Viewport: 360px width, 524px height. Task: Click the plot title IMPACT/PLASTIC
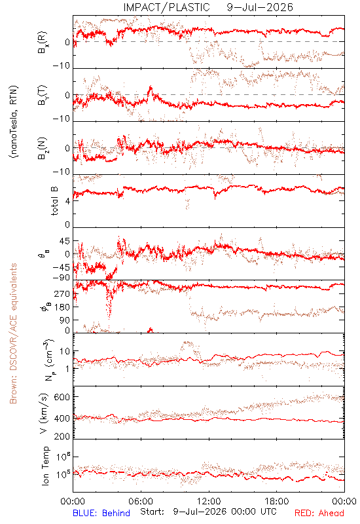point(167,7)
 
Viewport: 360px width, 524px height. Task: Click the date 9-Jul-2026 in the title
point(260,7)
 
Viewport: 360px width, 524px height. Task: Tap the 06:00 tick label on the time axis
point(141,501)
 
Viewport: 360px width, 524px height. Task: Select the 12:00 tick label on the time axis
point(209,501)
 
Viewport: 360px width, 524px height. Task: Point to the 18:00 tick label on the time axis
point(277,501)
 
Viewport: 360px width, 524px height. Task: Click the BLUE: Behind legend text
point(101,513)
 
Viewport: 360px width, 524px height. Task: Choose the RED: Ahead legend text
point(319,513)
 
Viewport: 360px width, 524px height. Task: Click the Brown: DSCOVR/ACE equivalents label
point(13,333)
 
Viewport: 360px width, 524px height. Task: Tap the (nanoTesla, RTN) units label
point(14,121)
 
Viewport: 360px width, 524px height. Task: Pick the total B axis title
point(54,201)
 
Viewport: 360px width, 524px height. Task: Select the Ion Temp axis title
point(45,466)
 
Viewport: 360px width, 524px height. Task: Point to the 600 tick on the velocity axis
point(62,397)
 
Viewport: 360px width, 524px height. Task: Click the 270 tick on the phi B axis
point(62,293)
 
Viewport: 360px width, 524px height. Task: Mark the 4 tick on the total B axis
point(68,201)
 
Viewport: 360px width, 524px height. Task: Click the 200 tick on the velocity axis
point(62,436)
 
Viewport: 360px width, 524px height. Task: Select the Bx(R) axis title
point(43,43)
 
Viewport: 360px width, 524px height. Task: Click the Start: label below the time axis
point(153,512)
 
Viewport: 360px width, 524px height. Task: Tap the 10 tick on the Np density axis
point(65,352)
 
